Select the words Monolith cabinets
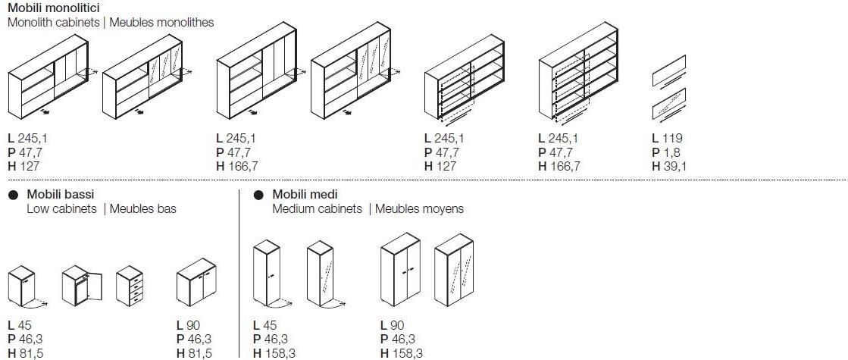click(54, 23)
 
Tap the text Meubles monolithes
click(161, 23)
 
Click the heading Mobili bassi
click(61, 194)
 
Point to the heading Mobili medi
click(305, 194)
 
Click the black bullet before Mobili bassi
click(14, 195)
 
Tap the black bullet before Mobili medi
click(259, 195)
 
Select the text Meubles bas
click(142, 208)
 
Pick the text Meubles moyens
click(419, 208)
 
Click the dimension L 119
click(668, 139)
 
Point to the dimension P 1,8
click(666, 152)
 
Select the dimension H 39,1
click(669, 167)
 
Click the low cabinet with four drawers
click(129, 286)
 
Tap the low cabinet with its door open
click(81, 286)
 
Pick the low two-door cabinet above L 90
click(196, 284)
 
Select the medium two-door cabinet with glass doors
click(454, 270)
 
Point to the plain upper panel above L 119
click(669, 70)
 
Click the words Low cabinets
click(61, 208)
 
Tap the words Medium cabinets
click(317, 208)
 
